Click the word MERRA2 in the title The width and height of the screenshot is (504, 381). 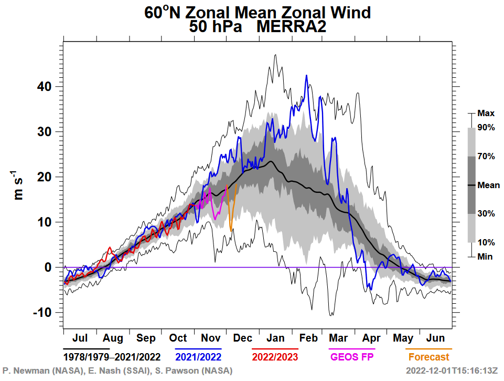pos(291,27)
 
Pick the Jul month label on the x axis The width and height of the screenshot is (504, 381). pos(80,338)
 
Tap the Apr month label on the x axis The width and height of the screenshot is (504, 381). pos(371,338)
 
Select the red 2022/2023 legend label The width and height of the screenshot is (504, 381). pos(275,357)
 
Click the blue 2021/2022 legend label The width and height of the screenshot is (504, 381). pos(199,357)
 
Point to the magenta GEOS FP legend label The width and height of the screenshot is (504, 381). pos(351,357)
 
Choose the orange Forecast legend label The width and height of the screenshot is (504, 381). pos(428,357)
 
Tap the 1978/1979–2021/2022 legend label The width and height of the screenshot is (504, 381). pos(112,357)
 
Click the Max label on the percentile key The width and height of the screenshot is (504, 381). pos(486,113)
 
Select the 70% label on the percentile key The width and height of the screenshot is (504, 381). pos(486,156)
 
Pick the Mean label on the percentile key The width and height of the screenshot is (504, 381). pos(488,185)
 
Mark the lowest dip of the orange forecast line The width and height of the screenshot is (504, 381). pos(231,229)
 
